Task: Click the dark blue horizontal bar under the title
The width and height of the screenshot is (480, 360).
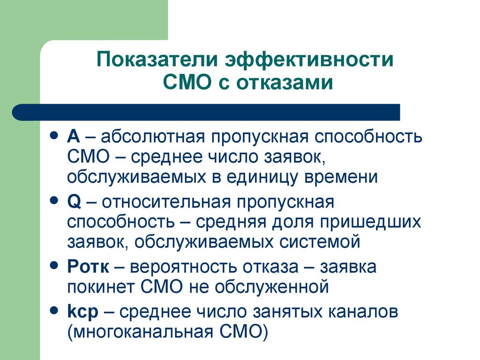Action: [206, 112]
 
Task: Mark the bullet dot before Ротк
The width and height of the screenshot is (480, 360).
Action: [54, 265]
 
